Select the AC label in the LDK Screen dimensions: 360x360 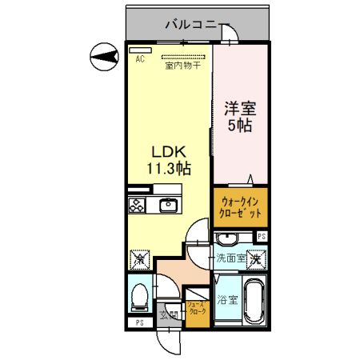coord(138,59)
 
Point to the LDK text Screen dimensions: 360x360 coord(167,152)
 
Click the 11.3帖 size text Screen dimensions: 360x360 coord(167,169)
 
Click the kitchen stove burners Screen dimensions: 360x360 coord(137,205)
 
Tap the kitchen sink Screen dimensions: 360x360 coord(170,206)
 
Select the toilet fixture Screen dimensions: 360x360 coord(137,295)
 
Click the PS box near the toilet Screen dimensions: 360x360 coord(139,322)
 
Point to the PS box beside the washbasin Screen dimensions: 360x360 coord(261,236)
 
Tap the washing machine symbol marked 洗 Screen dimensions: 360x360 coord(255,258)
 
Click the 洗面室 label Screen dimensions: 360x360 coord(230,258)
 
